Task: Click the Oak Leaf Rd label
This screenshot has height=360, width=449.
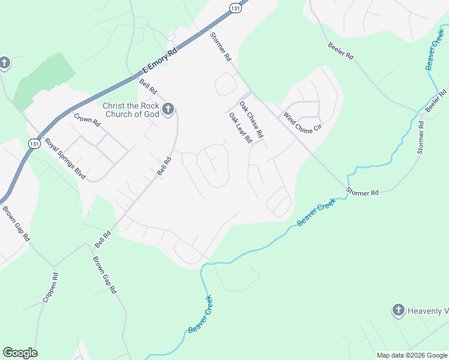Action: [240, 128]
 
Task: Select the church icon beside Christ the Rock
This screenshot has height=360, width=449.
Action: [169, 109]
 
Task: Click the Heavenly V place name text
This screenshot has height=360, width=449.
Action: [428, 311]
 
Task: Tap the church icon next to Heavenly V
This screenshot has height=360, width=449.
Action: [397, 310]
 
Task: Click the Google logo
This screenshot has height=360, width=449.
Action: [20, 353]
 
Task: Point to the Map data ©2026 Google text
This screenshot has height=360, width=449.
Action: [412, 355]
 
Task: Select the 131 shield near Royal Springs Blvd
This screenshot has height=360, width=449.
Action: [34, 143]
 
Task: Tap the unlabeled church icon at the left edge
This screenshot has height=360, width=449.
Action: [4, 63]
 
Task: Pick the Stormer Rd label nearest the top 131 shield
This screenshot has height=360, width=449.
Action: [220, 47]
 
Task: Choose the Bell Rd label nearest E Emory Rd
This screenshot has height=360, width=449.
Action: [148, 87]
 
